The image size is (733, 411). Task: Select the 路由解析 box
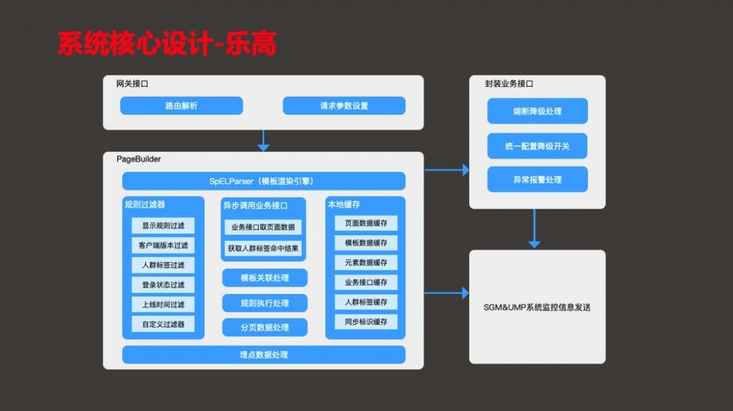click(x=181, y=106)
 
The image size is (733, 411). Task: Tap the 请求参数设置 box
click(x=344, y=106)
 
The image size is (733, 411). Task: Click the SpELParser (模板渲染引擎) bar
click(x=263, y=181)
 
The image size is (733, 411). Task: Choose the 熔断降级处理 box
click(x=537, y=111)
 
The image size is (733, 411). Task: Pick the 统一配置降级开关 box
click(x=537, y=146)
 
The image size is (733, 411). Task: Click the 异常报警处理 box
click(x=537, y=180)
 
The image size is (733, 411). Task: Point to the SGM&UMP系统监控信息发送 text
click(x=537, y=307)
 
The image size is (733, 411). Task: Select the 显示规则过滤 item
click(x=163, y=226)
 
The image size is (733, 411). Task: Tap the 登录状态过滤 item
click(x=163, y=285)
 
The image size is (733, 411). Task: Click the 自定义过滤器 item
click(x=163, y=324)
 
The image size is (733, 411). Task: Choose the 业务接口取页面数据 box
click(x=263, y=228)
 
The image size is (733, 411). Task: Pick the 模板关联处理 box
click(x=265, y=278)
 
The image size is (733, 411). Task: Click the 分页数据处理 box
click(x=265, y=327)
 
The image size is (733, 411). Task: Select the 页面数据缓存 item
click(x=366, y=223)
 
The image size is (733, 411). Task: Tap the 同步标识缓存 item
click(x=366, y=321)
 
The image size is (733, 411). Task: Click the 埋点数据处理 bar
click(x=263, y=355)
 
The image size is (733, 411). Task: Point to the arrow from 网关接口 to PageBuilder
click(x=263, y=140)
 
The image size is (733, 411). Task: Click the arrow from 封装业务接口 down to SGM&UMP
click(x=534, y=229)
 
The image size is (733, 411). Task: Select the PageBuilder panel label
click(x=139, y=159)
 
